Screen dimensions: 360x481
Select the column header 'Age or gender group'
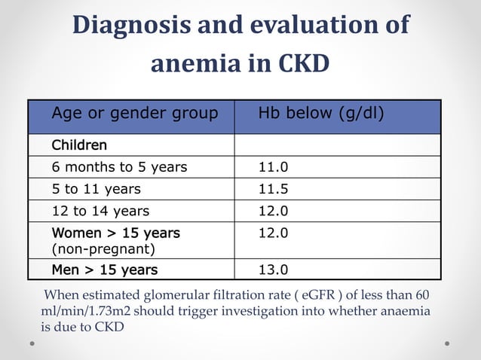coord(134,114)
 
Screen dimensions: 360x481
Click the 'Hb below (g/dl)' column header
coord(321,114)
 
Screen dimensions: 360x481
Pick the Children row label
coord(79,145)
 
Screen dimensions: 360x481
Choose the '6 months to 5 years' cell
coord(119,167)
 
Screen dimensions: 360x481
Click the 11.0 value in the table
coord(273,167)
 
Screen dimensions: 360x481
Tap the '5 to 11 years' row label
coord(96,189)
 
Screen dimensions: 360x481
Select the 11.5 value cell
coord(273,189)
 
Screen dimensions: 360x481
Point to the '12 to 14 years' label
coord(100,211)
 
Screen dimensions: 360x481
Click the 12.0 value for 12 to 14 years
coord(273,211)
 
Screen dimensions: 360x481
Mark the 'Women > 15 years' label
coord(115,233)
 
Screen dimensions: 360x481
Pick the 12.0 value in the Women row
coord(273,233)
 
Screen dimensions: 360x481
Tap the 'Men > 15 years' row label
coord(104,269)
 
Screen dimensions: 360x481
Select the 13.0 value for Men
coord(273,269)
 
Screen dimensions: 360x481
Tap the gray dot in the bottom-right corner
coord(447,343)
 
